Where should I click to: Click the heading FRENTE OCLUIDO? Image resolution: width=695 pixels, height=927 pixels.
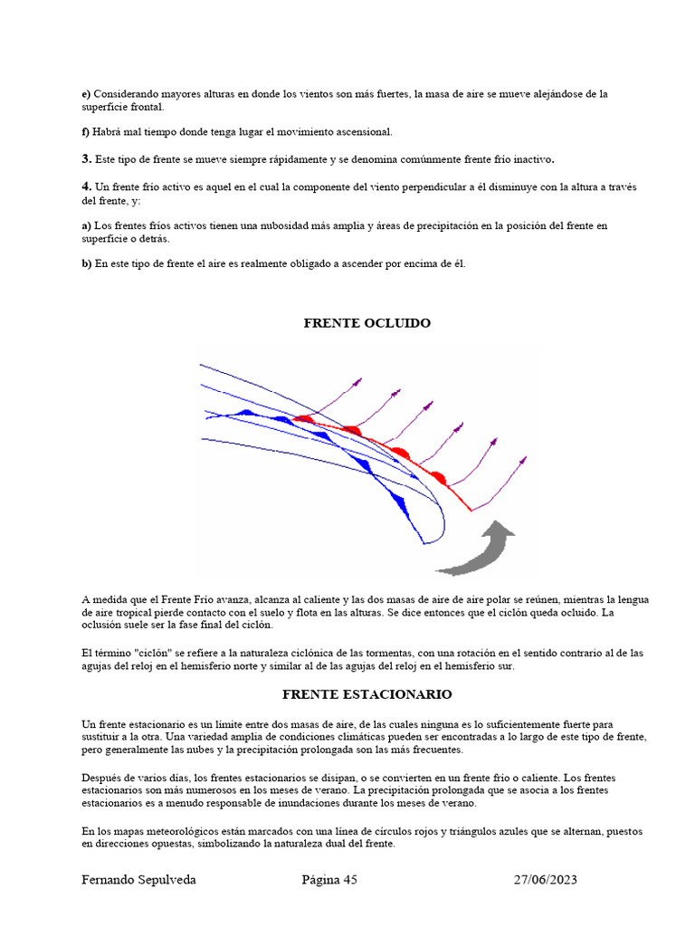coord(367,323)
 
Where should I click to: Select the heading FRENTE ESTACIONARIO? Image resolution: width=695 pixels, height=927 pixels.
coord(367,694)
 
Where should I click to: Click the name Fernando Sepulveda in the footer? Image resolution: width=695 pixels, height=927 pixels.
coord(138,880)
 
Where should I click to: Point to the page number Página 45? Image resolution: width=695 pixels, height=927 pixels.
coord(329,880)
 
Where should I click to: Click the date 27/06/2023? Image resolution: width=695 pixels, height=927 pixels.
coord(546,880)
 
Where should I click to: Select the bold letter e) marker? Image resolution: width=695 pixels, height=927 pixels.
coord(86,93)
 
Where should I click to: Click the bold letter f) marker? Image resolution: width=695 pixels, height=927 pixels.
coord(86,132)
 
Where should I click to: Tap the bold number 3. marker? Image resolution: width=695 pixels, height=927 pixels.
coord(86,159)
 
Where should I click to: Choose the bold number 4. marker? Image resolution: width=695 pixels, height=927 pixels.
coord(86,186)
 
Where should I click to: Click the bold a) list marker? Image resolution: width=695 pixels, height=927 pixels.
coord(86,225)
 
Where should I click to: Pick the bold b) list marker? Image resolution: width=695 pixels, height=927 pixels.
coord(86,264)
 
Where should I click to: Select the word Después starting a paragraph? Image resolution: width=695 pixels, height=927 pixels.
coord(102,778)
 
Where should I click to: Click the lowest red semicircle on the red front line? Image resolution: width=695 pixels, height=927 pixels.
coord(438,478)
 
